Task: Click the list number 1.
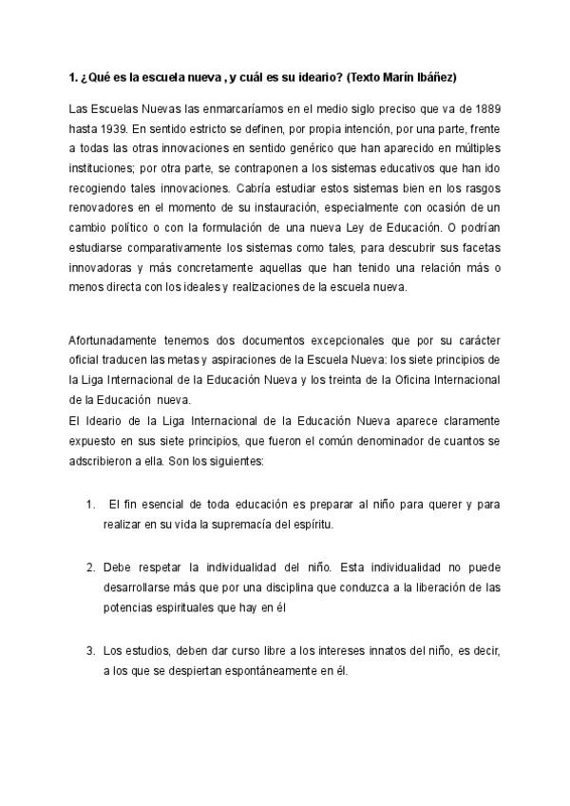(x=90, y=504)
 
